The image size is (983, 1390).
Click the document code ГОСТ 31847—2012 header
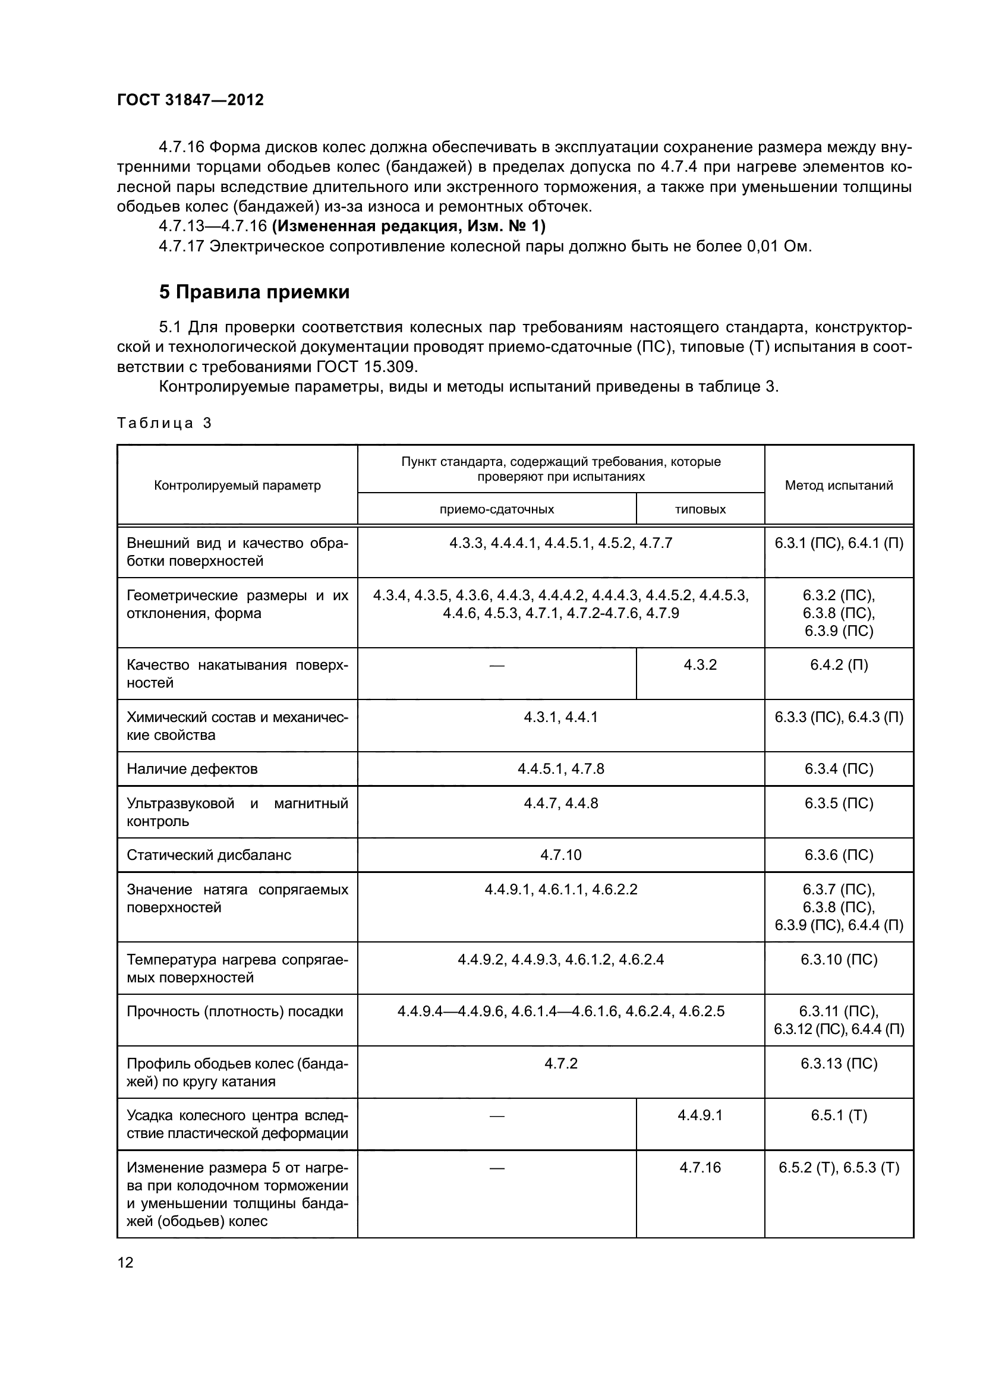click(x=190, y=100)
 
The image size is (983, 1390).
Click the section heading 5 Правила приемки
click(x=254, y=292)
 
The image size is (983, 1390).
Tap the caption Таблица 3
click(x=164, y=423)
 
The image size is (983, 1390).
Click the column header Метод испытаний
click(x=839, y=485)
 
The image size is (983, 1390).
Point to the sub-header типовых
click(x=700, y=509)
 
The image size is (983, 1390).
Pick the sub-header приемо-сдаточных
click(x=496, y=509)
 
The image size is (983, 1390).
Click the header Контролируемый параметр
click(x=237, y=485)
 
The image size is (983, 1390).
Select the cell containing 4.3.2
click(x=700, y=665)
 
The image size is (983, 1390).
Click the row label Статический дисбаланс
click(x=209, y=855)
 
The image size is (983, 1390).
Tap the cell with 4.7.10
click(x=560, y=855)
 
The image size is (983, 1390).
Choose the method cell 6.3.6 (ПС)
click(x=839, y=855)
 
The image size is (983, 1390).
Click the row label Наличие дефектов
click(x=192, y=769)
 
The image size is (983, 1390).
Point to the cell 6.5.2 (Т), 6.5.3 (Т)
click(x=839, y=1167)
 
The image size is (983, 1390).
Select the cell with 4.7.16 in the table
click(x=700, y=1167)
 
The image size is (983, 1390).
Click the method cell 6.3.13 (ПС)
click(x=839, y=1063)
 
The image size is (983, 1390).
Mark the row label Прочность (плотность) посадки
click(x=235, y=1011)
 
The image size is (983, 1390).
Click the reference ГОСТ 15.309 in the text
click(x=366, y=367)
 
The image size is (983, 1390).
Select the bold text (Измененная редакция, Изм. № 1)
click(x=408, y=226)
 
